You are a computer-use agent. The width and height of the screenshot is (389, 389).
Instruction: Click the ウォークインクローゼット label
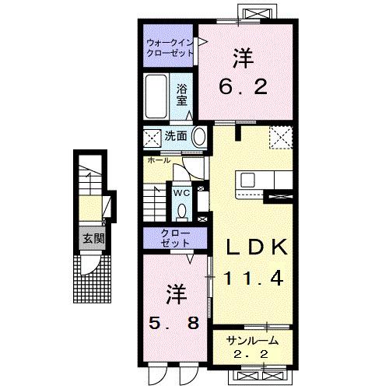(x=169, y=48)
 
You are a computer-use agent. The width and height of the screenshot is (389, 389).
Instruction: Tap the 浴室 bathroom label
(x=182, y=94)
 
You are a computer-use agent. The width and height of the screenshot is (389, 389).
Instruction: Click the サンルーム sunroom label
(x=252, y=342)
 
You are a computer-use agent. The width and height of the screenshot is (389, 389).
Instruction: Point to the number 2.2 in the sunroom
(x=252, y=355)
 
